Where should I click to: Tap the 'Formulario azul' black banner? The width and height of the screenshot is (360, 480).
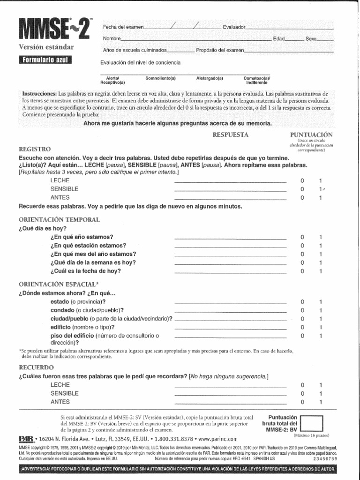click(45, 60)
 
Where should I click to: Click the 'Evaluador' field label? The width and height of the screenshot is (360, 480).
click(234, 28)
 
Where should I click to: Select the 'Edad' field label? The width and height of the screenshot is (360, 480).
click(279, 38)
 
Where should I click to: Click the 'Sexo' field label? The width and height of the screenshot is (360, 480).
click(311, 38)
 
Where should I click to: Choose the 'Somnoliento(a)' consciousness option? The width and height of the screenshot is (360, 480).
click(160, 78)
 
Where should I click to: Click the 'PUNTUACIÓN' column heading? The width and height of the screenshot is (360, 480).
click(311, 135)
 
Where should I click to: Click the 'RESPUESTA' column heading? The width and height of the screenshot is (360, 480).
click(230, 135)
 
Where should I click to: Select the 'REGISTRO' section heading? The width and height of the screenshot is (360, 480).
click(34, 149)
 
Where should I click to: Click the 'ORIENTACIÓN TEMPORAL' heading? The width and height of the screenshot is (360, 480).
click(59, 219)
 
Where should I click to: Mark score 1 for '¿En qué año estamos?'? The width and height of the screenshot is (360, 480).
click(321, 237)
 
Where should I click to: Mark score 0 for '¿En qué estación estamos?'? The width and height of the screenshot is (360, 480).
click(302, 246)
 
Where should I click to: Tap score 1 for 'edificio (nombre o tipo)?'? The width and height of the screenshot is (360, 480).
click(321, 327)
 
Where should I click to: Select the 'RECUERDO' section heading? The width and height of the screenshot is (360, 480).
click(36, 367)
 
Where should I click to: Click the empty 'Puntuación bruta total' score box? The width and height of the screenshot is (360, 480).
click(312, 424)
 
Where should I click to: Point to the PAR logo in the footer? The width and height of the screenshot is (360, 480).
click(26, 440)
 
